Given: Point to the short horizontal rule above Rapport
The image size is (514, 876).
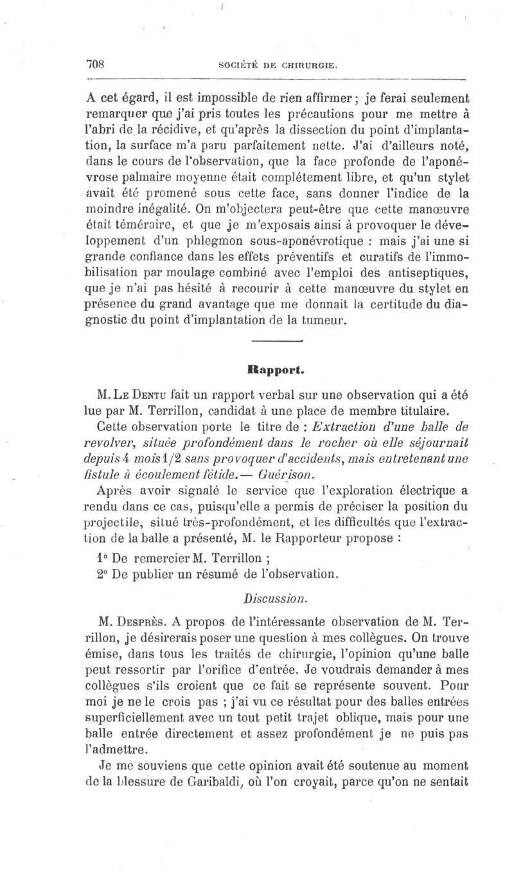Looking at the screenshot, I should tap(277, 341).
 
